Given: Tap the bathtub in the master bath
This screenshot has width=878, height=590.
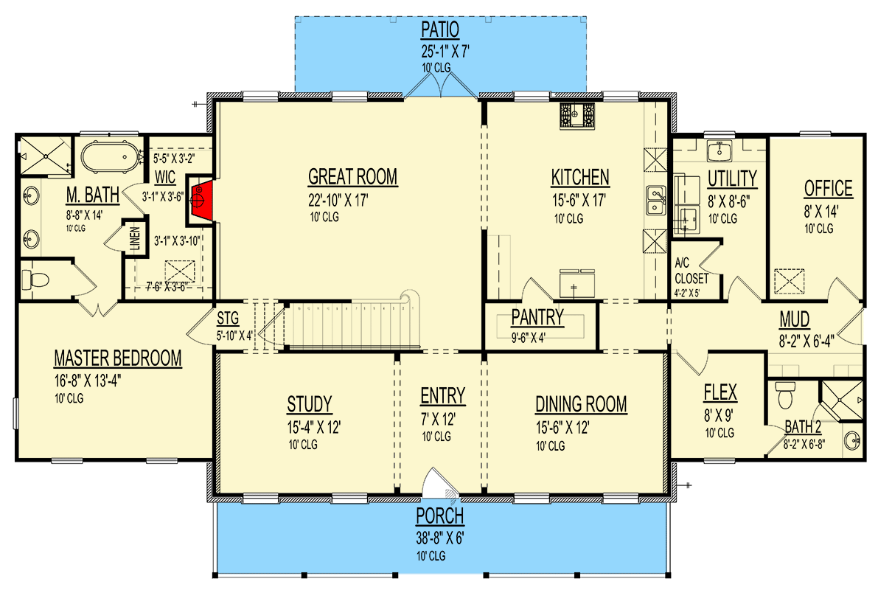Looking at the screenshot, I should tap(110, 158).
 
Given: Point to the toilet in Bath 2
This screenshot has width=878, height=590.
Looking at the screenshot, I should tap(785, 395).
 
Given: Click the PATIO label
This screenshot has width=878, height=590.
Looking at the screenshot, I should tap(440, 30).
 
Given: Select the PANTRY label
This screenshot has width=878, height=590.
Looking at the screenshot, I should tap(537, 318).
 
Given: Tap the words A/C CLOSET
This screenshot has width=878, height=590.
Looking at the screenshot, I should tap(691, 273).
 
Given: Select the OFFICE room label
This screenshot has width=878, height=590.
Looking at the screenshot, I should tap(828, 189).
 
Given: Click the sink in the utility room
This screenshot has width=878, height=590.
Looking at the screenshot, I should tap(719, 152).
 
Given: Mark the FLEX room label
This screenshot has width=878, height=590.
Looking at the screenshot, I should tap(720, 392).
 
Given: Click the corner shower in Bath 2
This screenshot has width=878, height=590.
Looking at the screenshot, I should tap(840, 399).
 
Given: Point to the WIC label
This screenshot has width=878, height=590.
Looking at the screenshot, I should tap(163, 177).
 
